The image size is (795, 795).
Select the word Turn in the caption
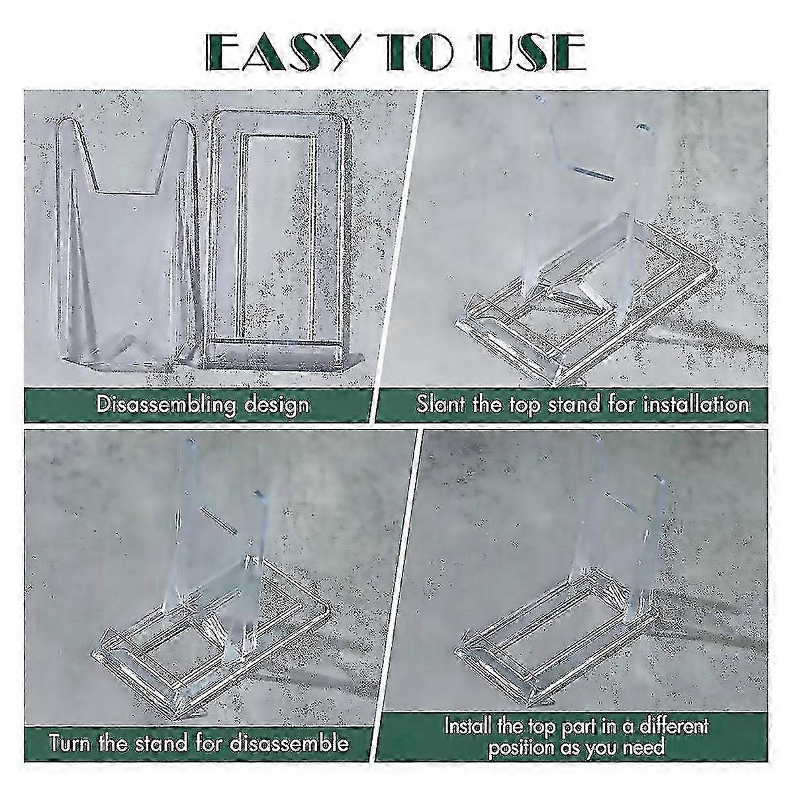click(x=70, y=743)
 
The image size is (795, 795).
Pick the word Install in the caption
click(x=469, y=725)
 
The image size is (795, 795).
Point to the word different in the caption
click(x=670, y=725)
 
